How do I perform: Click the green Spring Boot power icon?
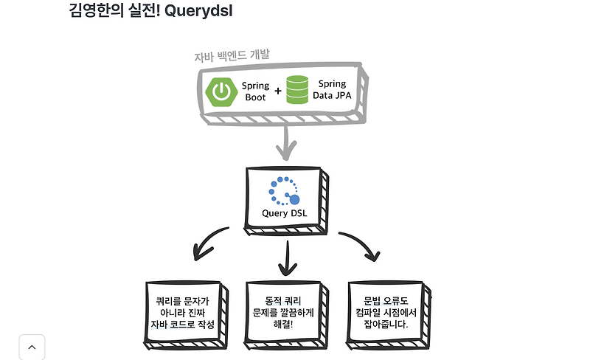click(x=221, y=91)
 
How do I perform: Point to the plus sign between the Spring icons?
click(x=278, y=91)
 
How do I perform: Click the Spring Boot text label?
click(x=255, y=91)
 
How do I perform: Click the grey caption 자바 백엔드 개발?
click(x=232, y=55)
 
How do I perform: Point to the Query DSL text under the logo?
click(x=285, y=214)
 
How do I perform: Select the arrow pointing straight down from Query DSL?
click(x=287, y=258)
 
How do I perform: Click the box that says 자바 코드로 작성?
click(x=183, y=313)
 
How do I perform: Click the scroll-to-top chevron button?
click(x=32, y=347)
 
